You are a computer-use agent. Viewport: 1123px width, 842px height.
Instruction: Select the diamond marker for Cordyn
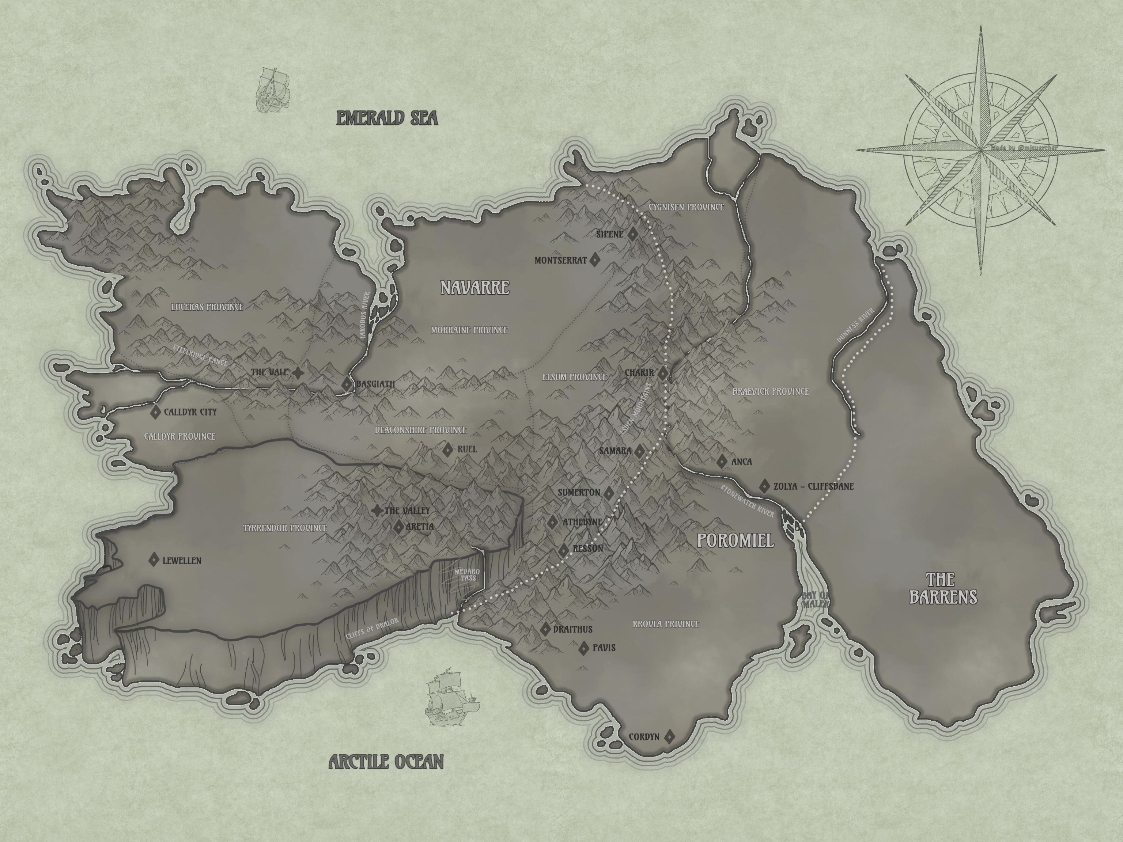click(670, 736)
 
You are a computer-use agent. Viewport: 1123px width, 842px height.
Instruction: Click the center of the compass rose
click(981, 150)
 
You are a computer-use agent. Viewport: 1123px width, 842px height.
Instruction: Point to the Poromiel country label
click(735, 541)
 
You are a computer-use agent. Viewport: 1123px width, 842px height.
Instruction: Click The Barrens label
click(943, 588)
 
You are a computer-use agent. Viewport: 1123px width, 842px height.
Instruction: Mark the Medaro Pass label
click(466, 575)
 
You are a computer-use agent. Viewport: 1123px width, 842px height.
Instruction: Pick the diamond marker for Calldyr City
click(155, 412)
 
